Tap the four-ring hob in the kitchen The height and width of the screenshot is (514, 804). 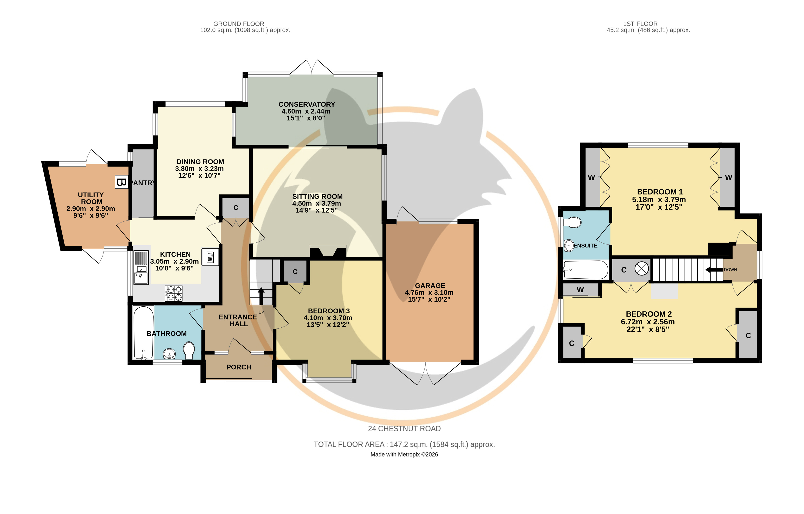(x=174, y=293)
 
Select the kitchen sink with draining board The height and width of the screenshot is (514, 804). (x=141, y=267)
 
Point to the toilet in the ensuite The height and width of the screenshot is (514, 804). (x=572, y=222)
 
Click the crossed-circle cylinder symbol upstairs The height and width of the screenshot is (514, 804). (x=641, y=269)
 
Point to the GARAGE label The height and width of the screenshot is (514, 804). (x=430, y=286)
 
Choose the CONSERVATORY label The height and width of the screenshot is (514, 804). (x=307, y=105)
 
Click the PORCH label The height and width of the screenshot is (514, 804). (x=239, y=367)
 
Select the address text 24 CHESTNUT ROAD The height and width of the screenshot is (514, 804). (x=404, y=429)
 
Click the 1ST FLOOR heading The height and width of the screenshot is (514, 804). (x=640, y=24)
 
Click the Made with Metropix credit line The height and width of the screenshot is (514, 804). (x=404, y=455)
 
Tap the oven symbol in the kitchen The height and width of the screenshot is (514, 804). (x=210, y=257)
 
